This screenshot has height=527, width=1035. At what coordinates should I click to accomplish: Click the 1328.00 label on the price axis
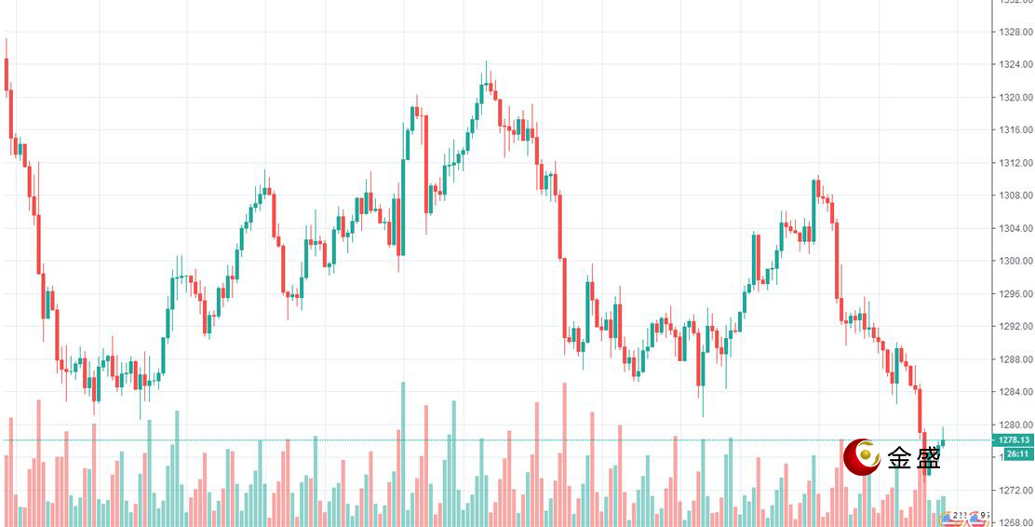(1015, 32)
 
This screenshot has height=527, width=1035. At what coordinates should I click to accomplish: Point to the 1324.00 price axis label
(1015, 64)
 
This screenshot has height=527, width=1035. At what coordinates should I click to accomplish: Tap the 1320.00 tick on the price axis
(1015, 97)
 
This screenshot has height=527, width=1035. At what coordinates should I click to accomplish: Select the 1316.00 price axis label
(1015, 130)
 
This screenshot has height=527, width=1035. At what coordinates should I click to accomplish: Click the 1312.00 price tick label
(1015, 163)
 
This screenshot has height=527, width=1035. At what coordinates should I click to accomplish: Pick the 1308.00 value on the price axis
(1015, 196)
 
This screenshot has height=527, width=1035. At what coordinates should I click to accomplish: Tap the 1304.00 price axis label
(1015, 228)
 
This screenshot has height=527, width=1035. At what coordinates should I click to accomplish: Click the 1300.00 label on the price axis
(1015, 261)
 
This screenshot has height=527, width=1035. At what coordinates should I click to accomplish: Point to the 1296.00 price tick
(1015, 294)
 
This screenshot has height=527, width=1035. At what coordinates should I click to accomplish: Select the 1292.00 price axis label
(1015, 327)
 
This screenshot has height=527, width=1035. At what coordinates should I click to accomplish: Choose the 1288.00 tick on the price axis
(1015, 359)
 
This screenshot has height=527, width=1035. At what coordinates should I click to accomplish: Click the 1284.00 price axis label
(1015, 392)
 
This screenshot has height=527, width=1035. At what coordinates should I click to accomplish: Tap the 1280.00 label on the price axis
(1015, 425)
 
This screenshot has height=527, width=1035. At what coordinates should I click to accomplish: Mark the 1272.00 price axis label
(1015, 490)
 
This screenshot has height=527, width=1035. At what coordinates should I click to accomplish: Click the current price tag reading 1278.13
(1014, 439)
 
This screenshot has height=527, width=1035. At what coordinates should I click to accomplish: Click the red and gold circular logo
(862, 456)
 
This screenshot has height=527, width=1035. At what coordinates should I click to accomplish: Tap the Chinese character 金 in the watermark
(900, 457)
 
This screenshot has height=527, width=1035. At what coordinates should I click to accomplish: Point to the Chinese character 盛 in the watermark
(928, 457)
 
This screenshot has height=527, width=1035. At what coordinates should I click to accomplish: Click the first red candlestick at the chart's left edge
(7, 74)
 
